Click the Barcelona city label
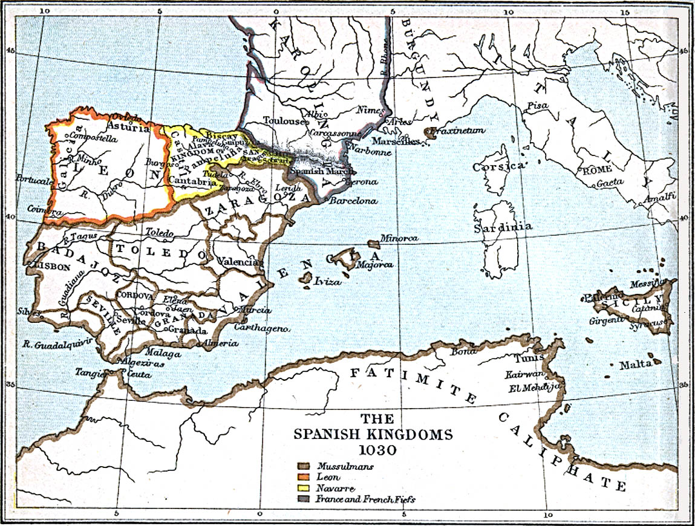(353, 201)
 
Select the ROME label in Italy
(597, 170)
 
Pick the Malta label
(635, 365)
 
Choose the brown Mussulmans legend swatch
(304, 466)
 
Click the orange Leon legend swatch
(304, 477)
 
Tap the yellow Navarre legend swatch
(304, 488)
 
